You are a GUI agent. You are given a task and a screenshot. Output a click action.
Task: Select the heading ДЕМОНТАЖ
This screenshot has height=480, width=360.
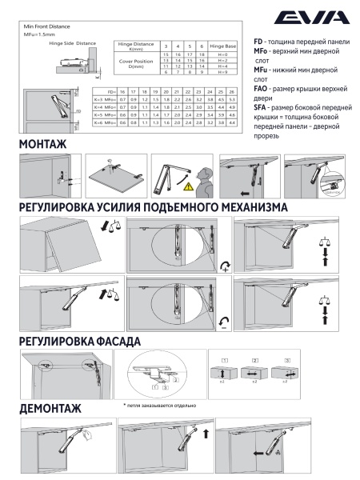click(50, 409)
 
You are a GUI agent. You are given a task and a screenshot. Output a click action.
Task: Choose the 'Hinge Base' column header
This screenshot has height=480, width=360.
click(222, 47)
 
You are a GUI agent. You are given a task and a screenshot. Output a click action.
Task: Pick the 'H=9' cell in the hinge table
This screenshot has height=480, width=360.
click(222, 72)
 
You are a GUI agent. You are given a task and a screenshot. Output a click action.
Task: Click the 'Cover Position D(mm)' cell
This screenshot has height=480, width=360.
click(135, 63)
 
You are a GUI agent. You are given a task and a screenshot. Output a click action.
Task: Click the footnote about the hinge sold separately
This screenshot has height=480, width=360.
click(159, 406)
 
